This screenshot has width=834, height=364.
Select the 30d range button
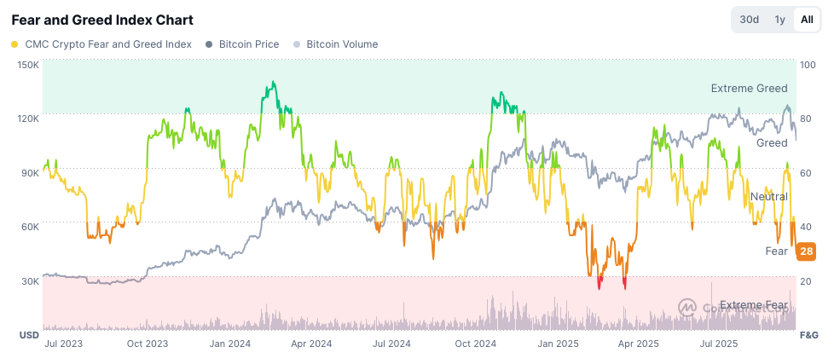pos(750,20)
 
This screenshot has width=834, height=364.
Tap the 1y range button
pos(779,20)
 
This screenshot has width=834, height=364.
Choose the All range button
pos(806,20)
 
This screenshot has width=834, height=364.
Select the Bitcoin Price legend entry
pos(243,43)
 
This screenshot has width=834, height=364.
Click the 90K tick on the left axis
pos(30,173)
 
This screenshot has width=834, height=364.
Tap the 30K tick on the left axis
pos(30,281)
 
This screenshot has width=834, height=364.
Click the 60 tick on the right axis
pos(806,173)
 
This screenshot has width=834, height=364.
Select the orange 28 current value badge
pos(806,251)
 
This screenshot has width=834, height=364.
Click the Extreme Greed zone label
pos(749,89)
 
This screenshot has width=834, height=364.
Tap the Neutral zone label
pos(768,197)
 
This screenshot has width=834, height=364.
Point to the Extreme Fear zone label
pos(753,305)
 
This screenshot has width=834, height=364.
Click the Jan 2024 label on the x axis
pos(229,344)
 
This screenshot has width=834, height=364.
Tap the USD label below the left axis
pos(29,335)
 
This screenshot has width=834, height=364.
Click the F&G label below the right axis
pos(808,335)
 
